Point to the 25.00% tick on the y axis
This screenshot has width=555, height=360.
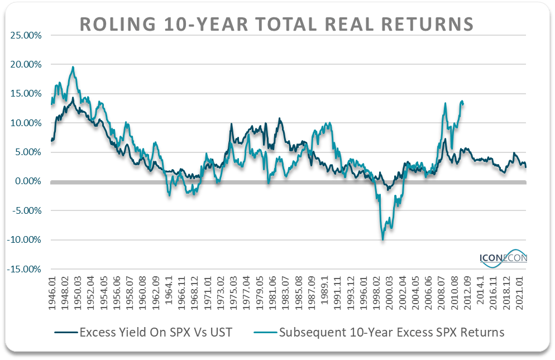click(26, 35)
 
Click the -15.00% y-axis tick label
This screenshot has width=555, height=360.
click(25, 269)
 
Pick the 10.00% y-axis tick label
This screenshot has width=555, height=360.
click(26, 123)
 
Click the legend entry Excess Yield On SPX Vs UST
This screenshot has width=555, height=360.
click(143, 333)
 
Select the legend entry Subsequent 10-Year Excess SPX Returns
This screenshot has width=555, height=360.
click(380, 333)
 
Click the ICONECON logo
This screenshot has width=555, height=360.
click(503, 258)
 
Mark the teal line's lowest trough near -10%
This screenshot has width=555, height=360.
click(383, 239)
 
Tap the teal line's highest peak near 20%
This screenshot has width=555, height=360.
click(73, 67)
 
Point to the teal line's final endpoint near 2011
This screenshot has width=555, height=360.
click(463, 104)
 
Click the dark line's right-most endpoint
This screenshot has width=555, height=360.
click(526, 167)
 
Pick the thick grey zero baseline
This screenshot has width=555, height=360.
click(279, 182)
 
